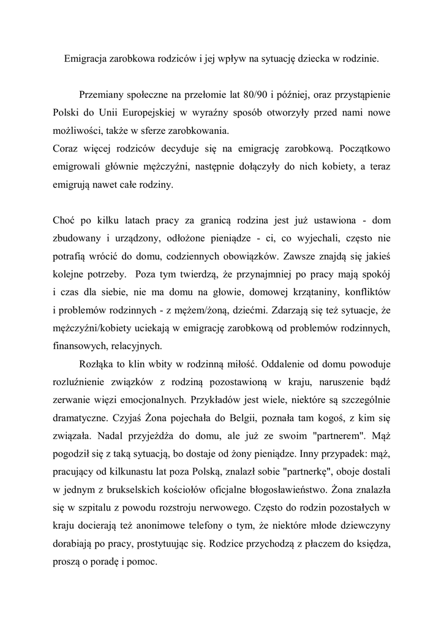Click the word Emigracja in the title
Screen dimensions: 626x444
tap(85, 59)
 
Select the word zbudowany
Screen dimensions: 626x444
tap(77, 237)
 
